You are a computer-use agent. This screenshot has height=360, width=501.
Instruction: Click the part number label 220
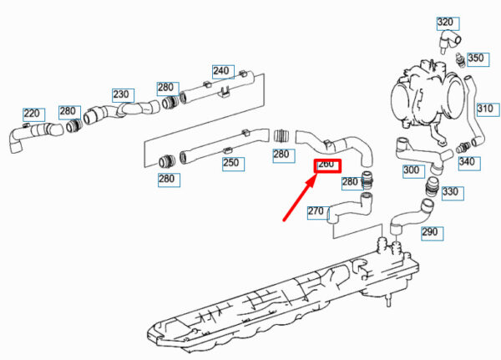pyautogui.click(x=33, y=113)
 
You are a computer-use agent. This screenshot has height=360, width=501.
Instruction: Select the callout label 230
pyautogui.click(x=121, y=94)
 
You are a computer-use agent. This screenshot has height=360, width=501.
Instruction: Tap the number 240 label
pyautogui.click(x=220, y=70)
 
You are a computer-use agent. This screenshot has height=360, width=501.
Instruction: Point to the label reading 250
pyautogui.click(x=231, y=162)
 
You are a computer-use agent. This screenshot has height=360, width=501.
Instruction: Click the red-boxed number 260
pyautogui.click(x=326, y=165)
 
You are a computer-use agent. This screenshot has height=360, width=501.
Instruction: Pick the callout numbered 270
pyautogui.click(x=316, y=210)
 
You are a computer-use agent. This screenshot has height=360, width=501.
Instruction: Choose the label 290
pyautogui.click(x=429, y=231)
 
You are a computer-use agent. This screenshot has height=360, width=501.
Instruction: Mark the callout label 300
pyautogui.click(x=412, y=170)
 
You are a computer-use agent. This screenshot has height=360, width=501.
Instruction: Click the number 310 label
pyautogui.click(x=486, y=109)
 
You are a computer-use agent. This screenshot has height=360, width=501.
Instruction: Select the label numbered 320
pyautogui.click(x=445, y=22)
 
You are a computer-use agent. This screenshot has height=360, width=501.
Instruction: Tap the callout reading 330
pyautogui.click(x=450, y=192)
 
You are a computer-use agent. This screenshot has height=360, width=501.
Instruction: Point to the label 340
pyautogui.click(x=467, y=161)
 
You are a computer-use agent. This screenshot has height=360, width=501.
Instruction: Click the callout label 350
pyautogui.click(x=474, y=58)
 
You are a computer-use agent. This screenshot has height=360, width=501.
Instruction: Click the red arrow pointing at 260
pyautogui.click(x=296, y=200)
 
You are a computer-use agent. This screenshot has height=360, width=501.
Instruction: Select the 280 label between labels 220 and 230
pyautogui.click(x=69, y=110)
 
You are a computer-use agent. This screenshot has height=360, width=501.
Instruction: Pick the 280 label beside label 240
pyautogui.click(x=166, y=87)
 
